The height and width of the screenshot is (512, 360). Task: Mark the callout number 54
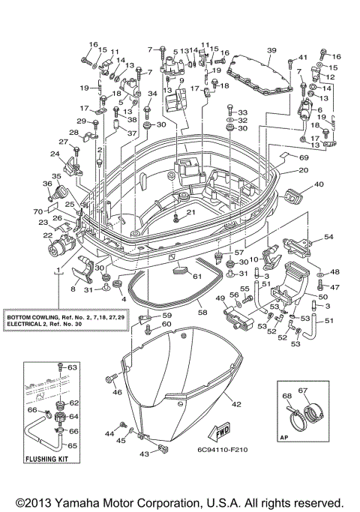(328, 237)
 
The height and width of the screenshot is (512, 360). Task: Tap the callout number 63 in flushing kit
(73, 368)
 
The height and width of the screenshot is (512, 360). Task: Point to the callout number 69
(304, 158)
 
